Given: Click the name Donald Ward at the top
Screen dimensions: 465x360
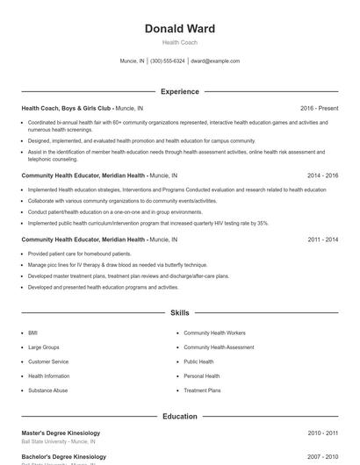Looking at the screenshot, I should (179, 28).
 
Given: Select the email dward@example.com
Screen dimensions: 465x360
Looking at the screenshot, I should (215, 61).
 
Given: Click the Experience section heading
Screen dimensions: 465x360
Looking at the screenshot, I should (179, 91).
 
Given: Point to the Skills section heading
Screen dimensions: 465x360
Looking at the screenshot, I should (179, 312).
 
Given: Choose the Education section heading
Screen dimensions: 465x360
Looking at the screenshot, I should (179, 417).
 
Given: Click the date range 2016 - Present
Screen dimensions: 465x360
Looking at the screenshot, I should (319, 108).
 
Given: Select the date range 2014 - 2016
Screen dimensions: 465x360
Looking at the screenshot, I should (322, 175).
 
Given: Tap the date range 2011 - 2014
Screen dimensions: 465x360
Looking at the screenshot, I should (322, 239).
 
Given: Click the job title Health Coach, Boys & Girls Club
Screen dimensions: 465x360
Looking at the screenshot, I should (67, 108).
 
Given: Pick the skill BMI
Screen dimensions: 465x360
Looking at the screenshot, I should (32, 333).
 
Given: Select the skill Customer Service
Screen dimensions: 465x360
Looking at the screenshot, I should (47, 361).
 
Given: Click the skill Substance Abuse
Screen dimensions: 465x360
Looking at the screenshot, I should (47, 390).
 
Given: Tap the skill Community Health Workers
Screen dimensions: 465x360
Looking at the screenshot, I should (214, 333).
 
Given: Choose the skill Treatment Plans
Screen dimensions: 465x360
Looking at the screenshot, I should (202, 390).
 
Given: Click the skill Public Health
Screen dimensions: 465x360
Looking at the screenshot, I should (198, 361).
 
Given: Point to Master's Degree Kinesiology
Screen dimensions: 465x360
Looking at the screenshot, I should (61, 433).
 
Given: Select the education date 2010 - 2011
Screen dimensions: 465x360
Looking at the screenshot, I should (322, 433).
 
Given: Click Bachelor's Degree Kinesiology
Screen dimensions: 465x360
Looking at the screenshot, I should (63, 456).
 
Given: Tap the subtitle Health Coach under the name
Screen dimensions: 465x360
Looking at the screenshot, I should (179, 42).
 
